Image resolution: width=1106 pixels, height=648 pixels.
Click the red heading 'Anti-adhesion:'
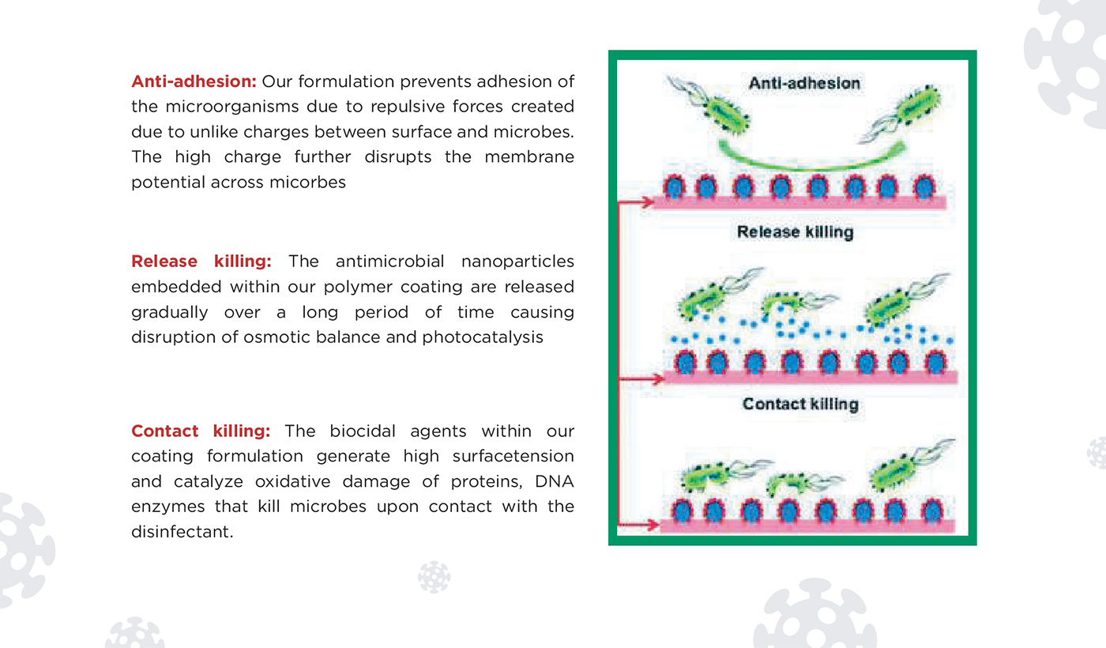point(194,81)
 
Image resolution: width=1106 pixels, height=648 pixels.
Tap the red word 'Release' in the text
point(164,261)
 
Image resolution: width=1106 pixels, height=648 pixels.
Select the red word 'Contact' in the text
point(164,431)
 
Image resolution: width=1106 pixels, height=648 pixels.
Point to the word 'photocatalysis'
point(483,337)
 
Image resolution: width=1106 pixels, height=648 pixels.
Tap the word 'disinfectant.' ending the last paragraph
point(182,531)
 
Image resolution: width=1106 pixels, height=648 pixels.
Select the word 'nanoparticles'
point(517,262)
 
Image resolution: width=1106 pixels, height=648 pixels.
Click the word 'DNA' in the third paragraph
point(555,481)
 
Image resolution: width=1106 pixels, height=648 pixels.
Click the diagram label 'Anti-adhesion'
point(804,83)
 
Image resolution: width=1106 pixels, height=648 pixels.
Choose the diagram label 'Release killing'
point(795,232)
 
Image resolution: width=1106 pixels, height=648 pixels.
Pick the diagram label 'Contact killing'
point(800,404)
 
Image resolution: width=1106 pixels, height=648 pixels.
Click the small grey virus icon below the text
point(434,577)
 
